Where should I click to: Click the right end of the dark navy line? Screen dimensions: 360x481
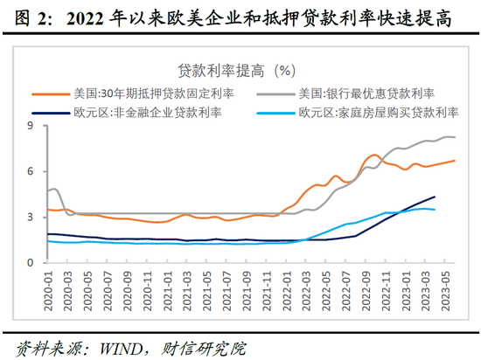(435, 197)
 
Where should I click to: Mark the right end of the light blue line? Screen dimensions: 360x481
(435, 210)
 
